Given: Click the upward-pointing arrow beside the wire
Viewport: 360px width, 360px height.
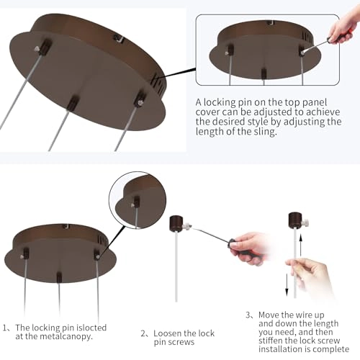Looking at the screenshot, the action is [301, 245].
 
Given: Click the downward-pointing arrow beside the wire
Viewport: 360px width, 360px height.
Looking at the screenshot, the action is [287, 285].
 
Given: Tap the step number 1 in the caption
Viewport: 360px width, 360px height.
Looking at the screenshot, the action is [5, 328].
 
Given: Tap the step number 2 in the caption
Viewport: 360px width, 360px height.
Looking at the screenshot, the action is [143, 333].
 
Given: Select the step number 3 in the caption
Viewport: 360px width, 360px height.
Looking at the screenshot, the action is [248, 315].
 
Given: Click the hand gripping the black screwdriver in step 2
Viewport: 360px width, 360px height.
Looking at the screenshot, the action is [251, 248].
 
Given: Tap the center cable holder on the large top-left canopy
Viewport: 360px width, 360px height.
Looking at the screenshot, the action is [73, 103].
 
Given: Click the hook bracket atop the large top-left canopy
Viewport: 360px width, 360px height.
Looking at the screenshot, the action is [119, 38].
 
